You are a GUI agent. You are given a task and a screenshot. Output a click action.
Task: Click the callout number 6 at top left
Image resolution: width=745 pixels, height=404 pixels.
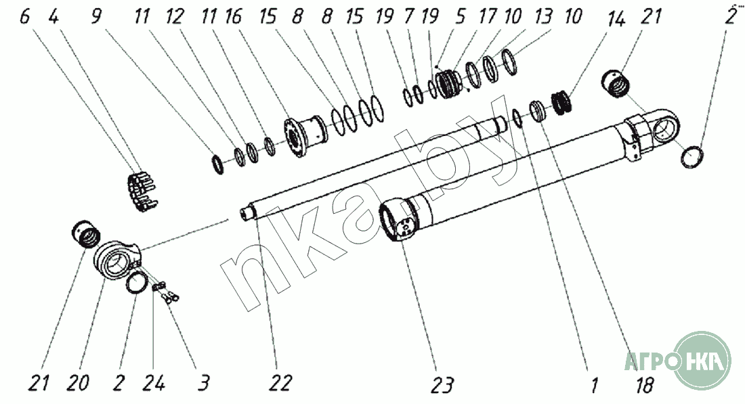coord(25,17)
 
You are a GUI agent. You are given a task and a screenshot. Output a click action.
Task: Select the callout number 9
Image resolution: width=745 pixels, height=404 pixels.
coord(96,17)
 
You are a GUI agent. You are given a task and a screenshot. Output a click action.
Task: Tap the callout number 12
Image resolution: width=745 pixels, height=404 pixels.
coord(174,17)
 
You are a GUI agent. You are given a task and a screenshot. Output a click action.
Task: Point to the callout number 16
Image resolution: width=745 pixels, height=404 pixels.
coord(233,17)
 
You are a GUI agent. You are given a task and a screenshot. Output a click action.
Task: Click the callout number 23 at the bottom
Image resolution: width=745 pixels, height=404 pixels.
coord(442,385)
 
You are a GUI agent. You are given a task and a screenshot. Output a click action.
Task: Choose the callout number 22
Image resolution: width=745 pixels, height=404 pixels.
coord(280,382)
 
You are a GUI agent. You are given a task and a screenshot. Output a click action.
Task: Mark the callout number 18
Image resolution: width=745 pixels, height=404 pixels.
coord(644,385)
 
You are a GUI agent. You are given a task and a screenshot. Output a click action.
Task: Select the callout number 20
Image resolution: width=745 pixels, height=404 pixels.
coord(77,382)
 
